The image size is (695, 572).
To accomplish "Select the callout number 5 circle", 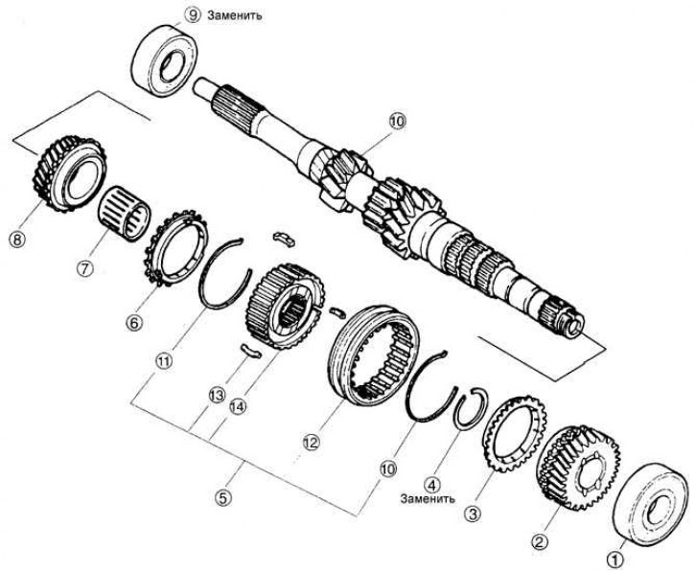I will (x=222, y=497).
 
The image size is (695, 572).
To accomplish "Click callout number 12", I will (x=310, y=444).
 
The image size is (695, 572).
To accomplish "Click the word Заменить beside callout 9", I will (x=234, y=16).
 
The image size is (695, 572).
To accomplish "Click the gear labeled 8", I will (x=68, y=176).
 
